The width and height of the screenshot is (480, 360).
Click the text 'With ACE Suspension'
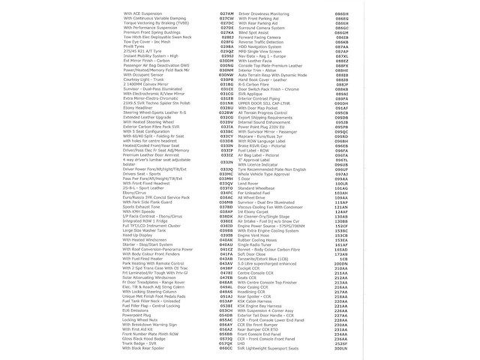[143, 14]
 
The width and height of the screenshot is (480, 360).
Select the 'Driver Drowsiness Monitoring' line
[269, 14]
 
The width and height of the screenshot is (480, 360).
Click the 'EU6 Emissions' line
[136, 310]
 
